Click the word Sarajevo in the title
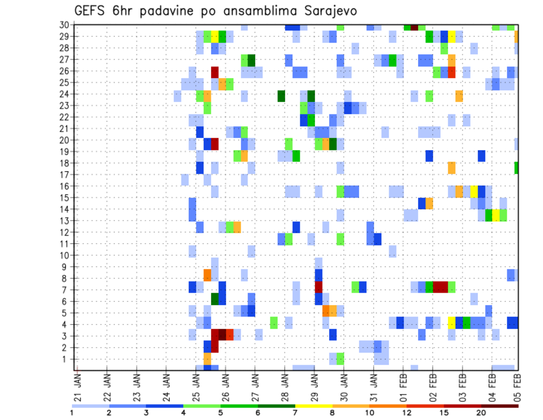[x=327, y=11]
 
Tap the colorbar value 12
[x=407, y=413]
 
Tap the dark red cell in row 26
[x=215, y=72]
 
